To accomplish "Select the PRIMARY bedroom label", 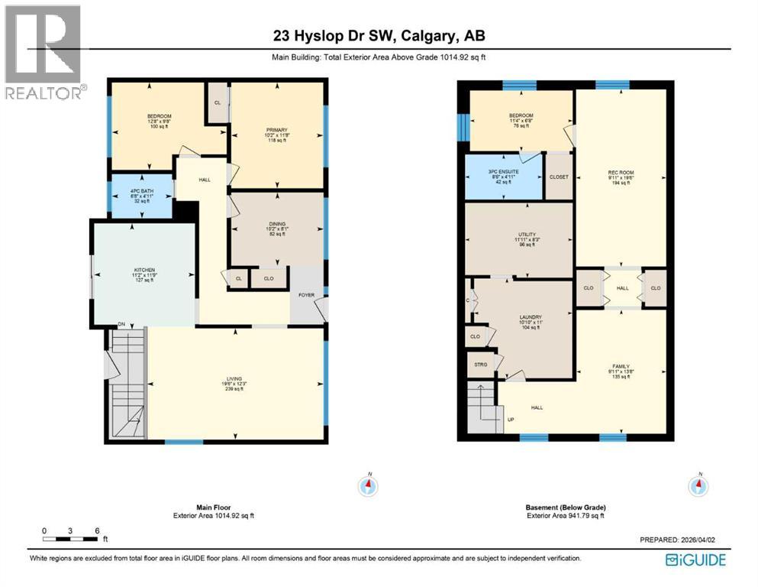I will coord(276,131).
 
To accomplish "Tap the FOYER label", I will coord(306,295).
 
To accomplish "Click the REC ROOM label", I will coord(621,173).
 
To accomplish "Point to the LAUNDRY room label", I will coord(530,317).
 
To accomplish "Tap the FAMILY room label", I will coord(621,367).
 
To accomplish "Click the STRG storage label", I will coord(480,364).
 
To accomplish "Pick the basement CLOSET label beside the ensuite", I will coord(559,177).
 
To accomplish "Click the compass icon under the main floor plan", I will coord(369,485).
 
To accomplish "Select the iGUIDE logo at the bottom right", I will coord(695,559).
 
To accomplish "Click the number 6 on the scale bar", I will coord(97,530).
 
